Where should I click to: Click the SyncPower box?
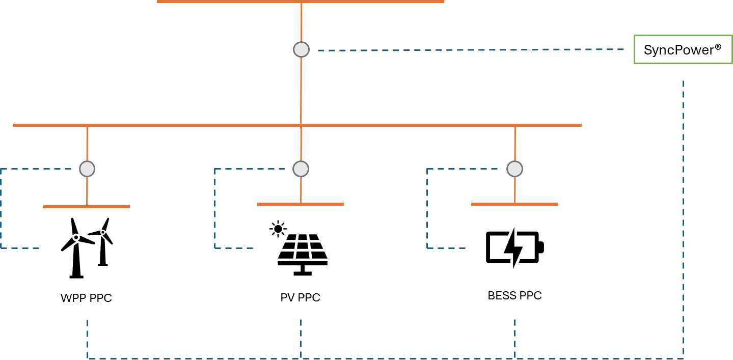point(683,49)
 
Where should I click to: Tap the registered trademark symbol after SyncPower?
point(718,47)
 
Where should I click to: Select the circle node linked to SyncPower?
point(301,49)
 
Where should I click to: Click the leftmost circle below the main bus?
point(87,169)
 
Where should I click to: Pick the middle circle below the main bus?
point(301,169)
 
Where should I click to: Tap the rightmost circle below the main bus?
point(514,169)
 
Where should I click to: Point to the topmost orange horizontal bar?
point(301,2)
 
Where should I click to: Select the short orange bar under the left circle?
point(87,207)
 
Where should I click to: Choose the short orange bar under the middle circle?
point(301,204)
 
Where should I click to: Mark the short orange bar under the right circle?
point(514,204)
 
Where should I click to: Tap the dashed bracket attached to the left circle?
point(1,209)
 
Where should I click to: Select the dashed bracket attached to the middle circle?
point(215,209)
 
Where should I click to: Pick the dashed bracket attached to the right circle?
point(427,209)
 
